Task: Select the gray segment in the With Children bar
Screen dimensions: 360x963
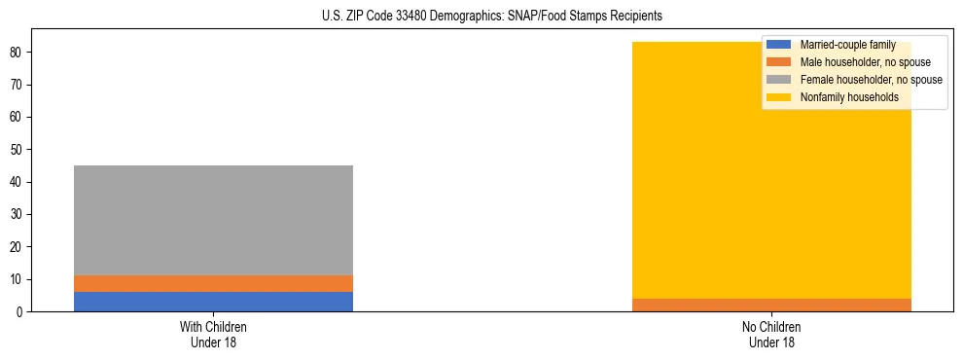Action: click(x=213, y=220)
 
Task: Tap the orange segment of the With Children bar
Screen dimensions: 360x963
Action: click(x=213, y=283)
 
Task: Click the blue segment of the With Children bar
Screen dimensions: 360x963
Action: click(x=213, y=302)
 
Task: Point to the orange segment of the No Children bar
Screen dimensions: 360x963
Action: click(x=771, y=305)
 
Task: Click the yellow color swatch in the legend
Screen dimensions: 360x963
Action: click(x=779, y=97)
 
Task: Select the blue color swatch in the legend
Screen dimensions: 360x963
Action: click(x=779, y=45)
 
